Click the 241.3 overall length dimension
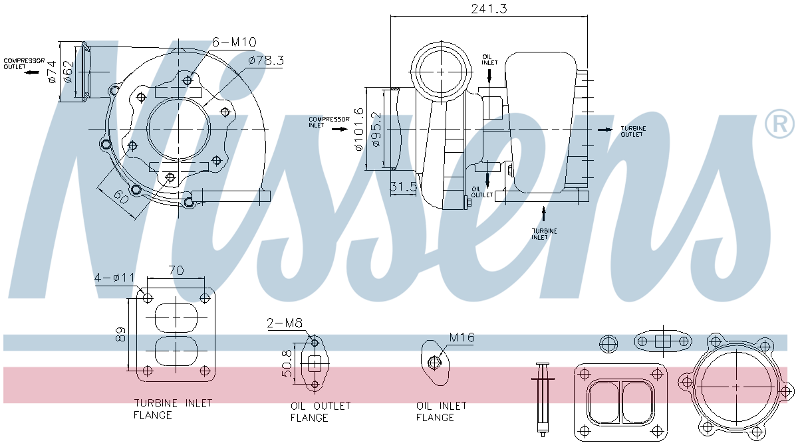(x=489, y=9)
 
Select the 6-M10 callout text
(x=234, y=43)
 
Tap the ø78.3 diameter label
(x=266, y=60)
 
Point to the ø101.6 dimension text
(x=360, y=130)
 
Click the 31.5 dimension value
(x=403, y=187)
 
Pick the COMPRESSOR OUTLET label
(x=24, y=64)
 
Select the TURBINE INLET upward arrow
(x=544, y=213)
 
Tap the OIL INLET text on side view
(x=489, y=60)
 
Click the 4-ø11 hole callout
(x=115, y=277)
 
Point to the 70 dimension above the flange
(x=177, y=270)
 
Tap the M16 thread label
(x=462, y=338)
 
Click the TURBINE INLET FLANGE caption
(x=173, y=409)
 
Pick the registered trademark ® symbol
(x=779, y=124)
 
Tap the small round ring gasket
(x=609, y=343)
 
